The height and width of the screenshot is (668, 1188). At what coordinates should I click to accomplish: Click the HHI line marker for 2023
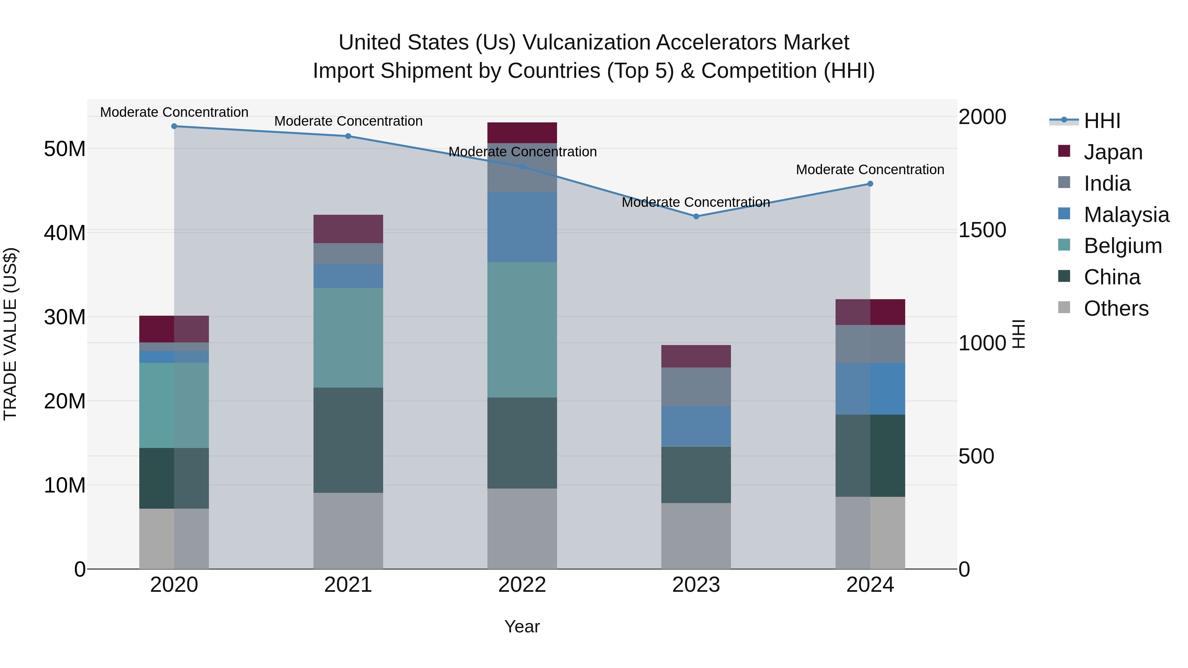click(x=696, y=216)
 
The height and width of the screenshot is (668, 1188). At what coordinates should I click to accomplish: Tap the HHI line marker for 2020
click(x=174, y=126)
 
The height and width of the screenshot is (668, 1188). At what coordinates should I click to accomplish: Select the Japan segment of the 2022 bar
click(x=522, y=133)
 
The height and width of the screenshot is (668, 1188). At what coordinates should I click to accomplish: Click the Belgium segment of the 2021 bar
click(x=348, y=337)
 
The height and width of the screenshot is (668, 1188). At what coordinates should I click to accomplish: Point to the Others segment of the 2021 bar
click(x=348, y=531)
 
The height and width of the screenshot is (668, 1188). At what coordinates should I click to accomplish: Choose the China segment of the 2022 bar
click(x=522, y=443)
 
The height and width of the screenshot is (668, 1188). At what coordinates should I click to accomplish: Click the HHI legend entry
click(x=1102, y=121)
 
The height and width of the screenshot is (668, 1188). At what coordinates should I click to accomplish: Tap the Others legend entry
click(x=1116, y=308)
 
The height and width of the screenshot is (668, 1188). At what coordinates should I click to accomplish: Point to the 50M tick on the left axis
click(x=65, y=149)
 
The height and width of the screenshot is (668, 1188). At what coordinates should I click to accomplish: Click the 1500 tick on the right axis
click(x=982, y=230)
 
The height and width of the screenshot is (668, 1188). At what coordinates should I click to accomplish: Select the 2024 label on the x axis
click(x=870, y=585)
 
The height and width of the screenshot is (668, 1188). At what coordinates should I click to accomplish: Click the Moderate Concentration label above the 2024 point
click(x=870, y=170)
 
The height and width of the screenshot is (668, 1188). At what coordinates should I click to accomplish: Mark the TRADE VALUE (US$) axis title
click(x=10, y=334)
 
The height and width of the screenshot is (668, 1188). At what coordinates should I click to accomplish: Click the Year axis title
click(x=522, y=626)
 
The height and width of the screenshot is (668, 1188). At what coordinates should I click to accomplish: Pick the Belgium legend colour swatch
click(x=1064, y=245)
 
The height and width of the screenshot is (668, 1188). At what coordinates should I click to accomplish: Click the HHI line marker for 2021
click(x=348, y=136)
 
